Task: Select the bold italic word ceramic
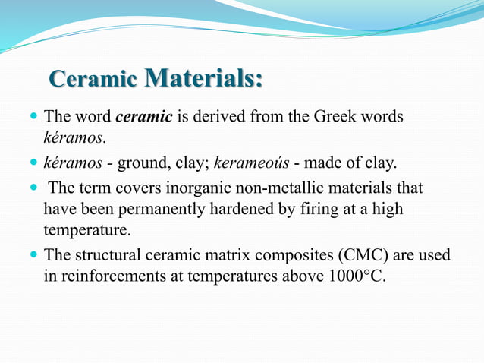coord(143,118)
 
